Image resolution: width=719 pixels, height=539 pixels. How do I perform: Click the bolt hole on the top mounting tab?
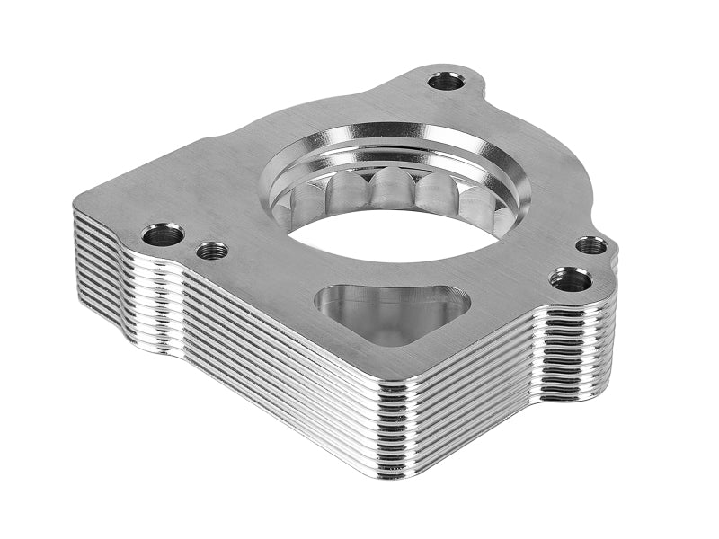click(446, 82)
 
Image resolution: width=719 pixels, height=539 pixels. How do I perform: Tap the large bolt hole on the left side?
click(163, 235)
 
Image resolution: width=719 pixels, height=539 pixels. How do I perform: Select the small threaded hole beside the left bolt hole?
click(212, 250)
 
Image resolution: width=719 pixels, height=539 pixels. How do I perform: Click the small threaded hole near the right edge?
click(590, 244)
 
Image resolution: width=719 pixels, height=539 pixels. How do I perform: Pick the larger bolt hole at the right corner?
click(571, 279)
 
